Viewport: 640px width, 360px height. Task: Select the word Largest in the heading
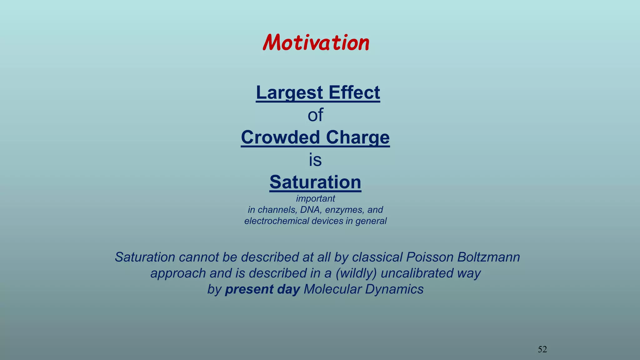tap(289, 92)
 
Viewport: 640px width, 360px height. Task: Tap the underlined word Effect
tap(354, 92)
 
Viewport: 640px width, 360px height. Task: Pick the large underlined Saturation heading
tap(315, 182)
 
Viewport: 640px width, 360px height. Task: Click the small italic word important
tap(315, 198)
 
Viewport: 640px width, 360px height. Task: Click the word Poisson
tap(429, 257)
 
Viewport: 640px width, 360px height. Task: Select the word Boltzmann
tap(488, 257)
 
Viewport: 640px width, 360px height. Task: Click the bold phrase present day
tap(262, 289)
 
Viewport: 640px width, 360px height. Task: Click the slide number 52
tap(542, 349)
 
